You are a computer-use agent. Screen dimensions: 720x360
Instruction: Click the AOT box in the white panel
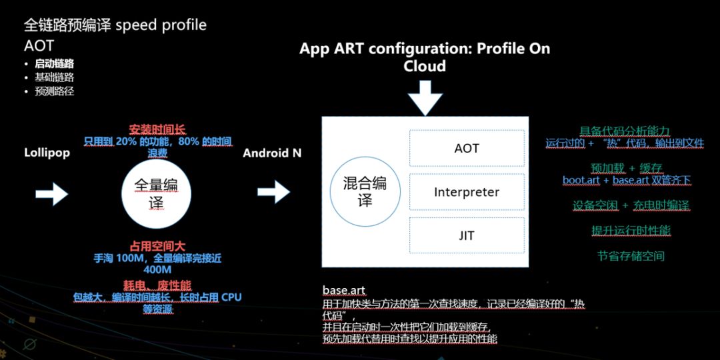467,148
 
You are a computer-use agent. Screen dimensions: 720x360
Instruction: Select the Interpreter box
467,192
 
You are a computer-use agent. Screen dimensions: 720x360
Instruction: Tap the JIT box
467,235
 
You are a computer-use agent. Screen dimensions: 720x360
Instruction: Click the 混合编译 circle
365,191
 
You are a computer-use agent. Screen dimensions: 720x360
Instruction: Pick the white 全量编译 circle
156,193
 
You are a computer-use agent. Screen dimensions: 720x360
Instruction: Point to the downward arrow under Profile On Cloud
425,98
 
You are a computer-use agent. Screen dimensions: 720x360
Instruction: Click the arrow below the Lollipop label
52,193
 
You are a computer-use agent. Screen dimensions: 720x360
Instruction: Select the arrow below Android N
274,191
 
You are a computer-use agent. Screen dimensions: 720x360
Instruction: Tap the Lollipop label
47,153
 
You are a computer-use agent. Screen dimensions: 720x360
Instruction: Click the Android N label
272,153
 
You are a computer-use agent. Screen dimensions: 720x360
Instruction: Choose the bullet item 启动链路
54,64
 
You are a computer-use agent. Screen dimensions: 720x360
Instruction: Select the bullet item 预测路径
54,91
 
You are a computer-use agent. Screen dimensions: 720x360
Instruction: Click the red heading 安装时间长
157,129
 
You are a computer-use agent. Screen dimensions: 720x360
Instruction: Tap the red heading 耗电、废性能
157,285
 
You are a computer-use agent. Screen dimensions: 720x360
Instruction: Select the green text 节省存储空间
631,256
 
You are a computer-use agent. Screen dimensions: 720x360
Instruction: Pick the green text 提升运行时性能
631,231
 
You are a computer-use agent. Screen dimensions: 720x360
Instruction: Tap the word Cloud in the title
425,66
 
